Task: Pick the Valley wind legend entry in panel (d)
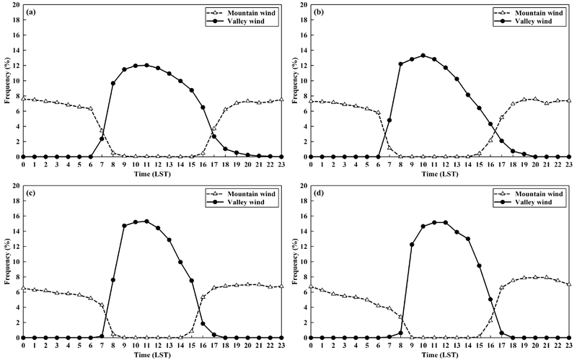point(530,203)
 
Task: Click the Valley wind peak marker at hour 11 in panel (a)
point(147,65)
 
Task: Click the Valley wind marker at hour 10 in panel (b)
point(423,56)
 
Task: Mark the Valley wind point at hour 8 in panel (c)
point(113,280)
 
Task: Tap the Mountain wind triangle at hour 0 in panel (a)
point(23,98)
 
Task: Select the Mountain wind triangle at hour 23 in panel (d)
point(569,284)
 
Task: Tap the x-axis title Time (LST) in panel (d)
point(440,354)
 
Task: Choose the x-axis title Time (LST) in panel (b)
point(440,174)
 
